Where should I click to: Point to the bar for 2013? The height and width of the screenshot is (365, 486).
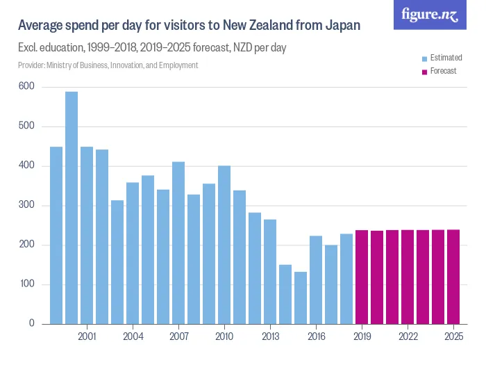point(270,272)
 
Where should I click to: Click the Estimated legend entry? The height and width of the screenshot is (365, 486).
point(442,57)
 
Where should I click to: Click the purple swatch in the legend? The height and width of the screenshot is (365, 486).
point(424,71)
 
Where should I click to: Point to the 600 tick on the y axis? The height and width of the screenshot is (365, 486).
point(26,87)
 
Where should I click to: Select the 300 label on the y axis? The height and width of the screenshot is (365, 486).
point(26,206)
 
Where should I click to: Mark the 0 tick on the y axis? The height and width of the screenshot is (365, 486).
point(31,324)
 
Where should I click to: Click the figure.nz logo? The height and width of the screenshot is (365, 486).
point(430,15)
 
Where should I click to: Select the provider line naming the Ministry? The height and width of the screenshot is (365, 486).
point(108,65)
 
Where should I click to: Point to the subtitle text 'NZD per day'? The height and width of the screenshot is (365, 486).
point(258,48)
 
